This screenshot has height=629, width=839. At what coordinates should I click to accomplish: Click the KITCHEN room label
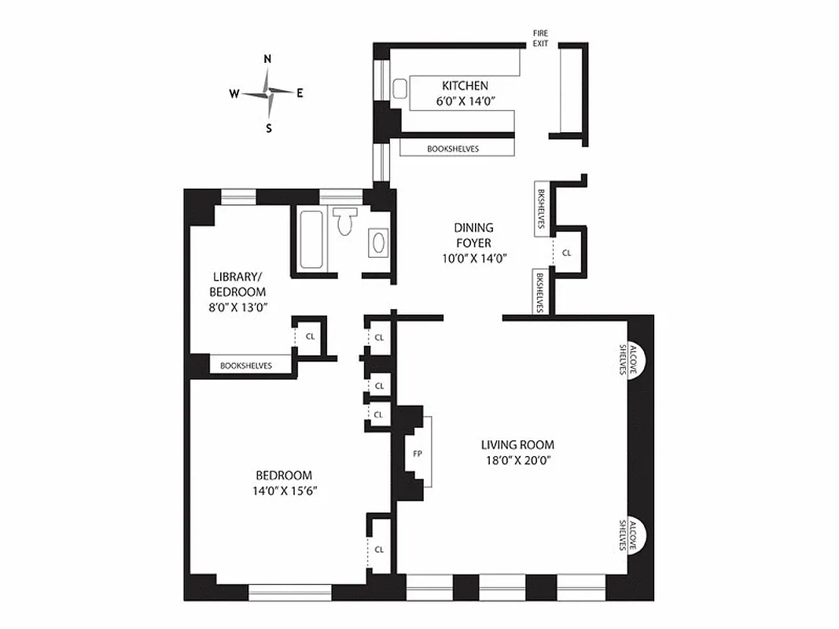point(465,86)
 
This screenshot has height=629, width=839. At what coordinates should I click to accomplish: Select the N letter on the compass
point(267,59)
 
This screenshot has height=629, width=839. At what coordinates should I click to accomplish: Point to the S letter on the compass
point(268,128)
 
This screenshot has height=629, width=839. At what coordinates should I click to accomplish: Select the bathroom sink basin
point(377,243)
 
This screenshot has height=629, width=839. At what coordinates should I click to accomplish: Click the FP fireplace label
point(417,454)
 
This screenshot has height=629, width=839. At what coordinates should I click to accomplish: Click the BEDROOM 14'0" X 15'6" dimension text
point(284,491)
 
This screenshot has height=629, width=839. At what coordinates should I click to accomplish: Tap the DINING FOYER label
point(473,235)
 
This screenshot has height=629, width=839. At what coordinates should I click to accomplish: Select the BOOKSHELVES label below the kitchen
point(453,149)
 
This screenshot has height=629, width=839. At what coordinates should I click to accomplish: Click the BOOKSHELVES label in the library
point(246,366)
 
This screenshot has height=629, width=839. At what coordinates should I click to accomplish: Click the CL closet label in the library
point(311,336)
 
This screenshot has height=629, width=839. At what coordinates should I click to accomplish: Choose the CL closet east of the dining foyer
point(567,253)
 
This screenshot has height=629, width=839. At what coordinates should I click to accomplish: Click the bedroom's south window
point(289,592)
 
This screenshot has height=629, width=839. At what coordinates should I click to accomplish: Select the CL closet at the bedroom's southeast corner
point(379,549)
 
